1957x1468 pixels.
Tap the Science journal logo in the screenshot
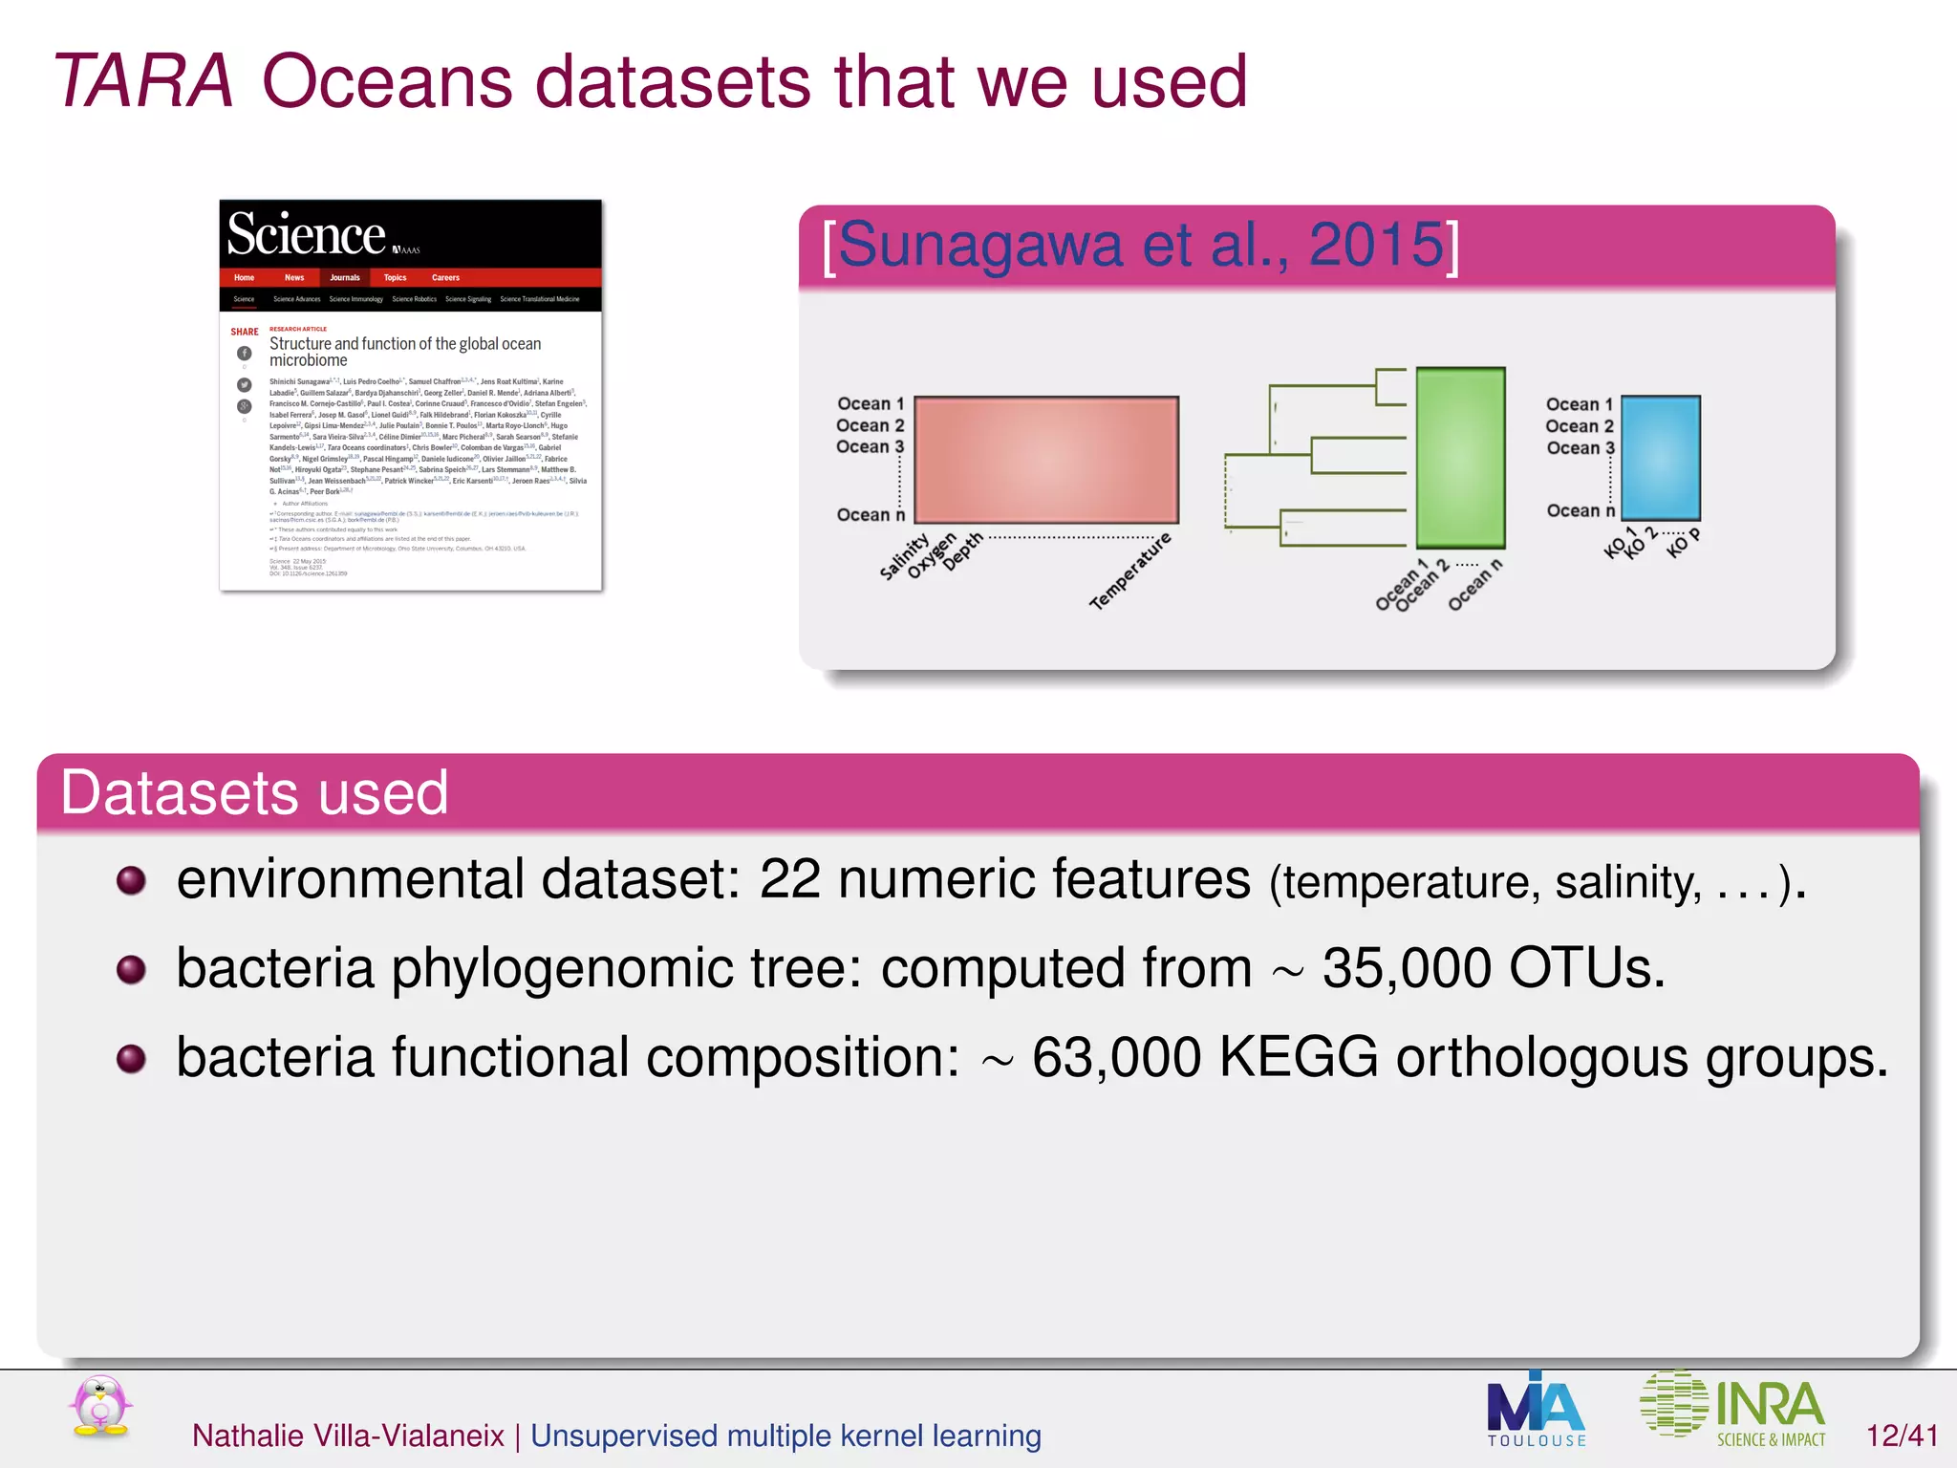(307, 234)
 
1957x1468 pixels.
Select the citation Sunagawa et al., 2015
(1141, 246)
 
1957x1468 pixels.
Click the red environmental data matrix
(1046, 460)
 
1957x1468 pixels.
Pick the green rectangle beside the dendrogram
(1460, 458)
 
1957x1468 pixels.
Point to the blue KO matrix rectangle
(1661, 458)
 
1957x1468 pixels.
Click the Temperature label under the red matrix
(1130, 572)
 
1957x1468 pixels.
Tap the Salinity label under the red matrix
(903, 557)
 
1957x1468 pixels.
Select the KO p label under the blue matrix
(1683, 542)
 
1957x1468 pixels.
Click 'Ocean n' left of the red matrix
(870, 515)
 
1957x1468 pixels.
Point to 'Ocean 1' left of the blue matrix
(1579, 404)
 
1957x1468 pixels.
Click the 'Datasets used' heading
(254, 792)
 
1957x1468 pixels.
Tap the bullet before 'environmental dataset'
(131, 880)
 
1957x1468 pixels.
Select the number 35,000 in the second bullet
(1407, 968)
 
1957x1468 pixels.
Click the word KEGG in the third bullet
(1299, 1057)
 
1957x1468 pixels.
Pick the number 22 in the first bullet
(789, 879)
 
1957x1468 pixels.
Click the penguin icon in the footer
(100, 1407)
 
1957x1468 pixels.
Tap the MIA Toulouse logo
(1536, 1410)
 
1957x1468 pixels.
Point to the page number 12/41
(1902, 1436)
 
